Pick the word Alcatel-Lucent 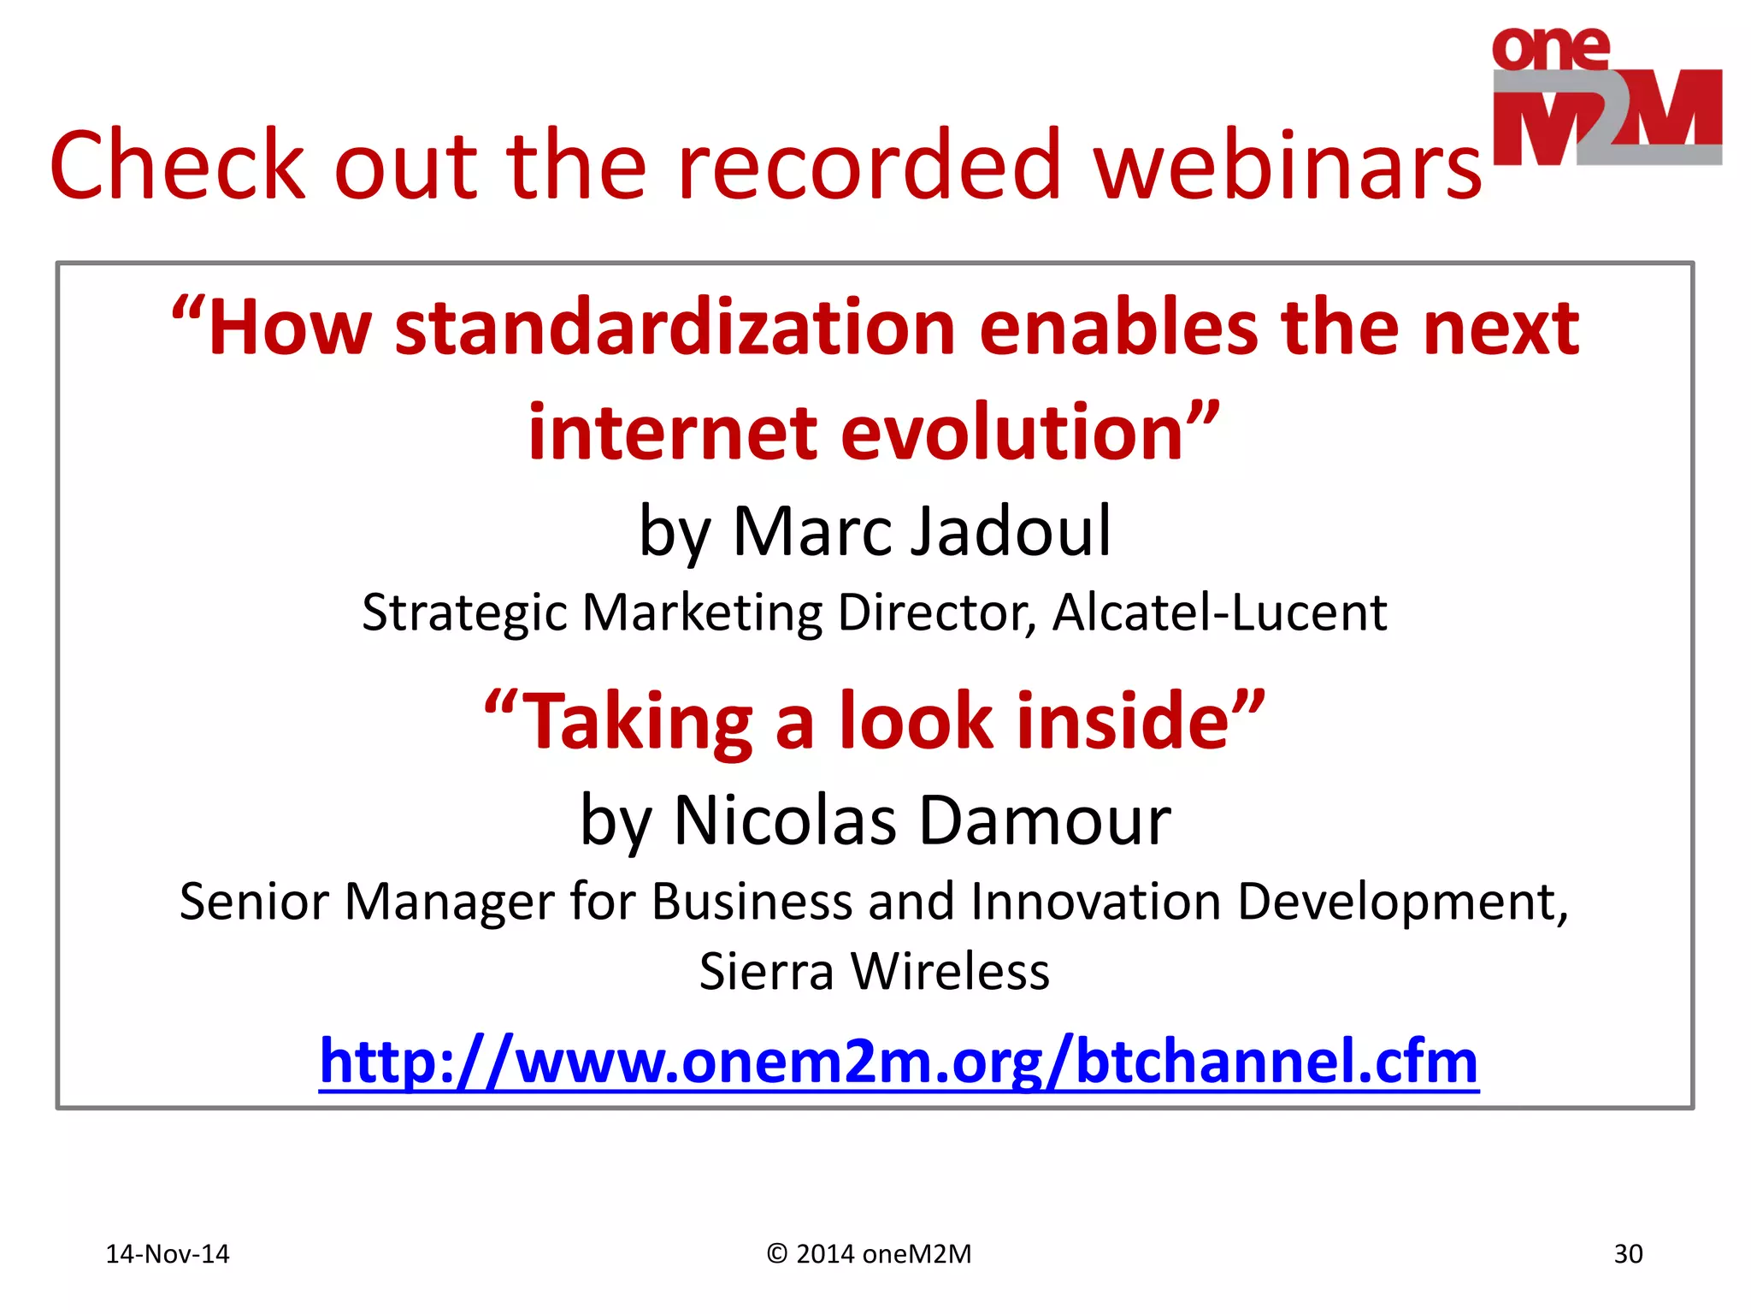tap(1219, 613)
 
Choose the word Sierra tap(766, 973)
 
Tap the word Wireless tap(950, 973)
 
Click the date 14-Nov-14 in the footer tap(168, 1254)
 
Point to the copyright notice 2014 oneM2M tap(870, 1254)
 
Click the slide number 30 tap(1628, 1254)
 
